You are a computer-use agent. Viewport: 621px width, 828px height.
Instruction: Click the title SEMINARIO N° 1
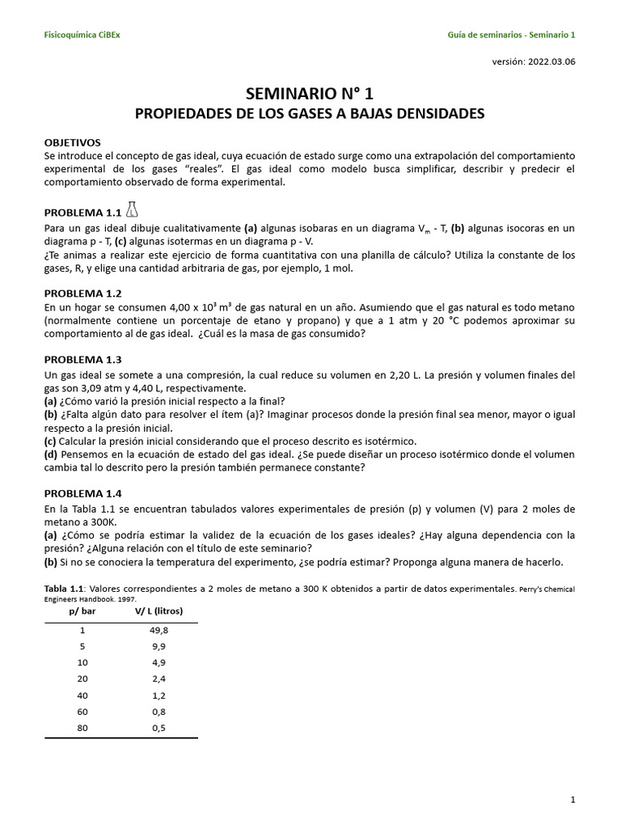(x=310, y=93)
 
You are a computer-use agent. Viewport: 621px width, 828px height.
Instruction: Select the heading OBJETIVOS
(x=73, y=142)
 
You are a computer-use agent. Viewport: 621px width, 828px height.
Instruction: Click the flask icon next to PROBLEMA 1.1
(x=132, y=210)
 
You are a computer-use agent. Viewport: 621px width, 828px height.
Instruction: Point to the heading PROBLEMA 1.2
(x=82, y=294)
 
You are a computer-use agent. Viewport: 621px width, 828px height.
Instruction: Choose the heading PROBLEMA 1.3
(x=82, y=360)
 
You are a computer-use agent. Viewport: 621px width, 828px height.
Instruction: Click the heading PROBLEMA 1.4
(x=82, y=492)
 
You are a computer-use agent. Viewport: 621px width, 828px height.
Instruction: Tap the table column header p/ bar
(x=82, y=612)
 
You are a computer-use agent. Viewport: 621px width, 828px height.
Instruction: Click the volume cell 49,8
(x=159, y=630)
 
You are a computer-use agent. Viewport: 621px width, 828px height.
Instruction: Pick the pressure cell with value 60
(x=82, y=711)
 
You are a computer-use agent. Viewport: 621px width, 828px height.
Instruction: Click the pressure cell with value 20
(x=82, y=678)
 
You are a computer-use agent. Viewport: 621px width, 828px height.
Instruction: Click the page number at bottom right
(x=572, y=800)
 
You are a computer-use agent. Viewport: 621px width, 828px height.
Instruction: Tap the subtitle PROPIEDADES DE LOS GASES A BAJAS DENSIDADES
(x=310, y=114)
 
